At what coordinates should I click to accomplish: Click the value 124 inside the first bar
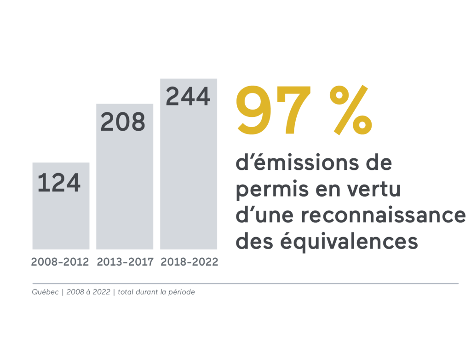pyautogui.click(x=59, y=182)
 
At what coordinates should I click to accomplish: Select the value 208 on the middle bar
pyautogui.click(x=123, y=122)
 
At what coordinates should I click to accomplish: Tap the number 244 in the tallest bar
pyautogui.click(x=188, y=97)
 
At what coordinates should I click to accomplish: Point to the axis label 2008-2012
pyautogui.click(x=60, y=262)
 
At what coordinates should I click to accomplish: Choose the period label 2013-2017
pyautogui.click(x=125, y=262)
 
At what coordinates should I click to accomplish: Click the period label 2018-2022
pyautogui.click(x=190, y=262)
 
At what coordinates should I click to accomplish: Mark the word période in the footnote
pyautogui.click(x=180, y=292)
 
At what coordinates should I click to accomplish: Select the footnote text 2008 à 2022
pyautogui.click(x=89, y=292)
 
